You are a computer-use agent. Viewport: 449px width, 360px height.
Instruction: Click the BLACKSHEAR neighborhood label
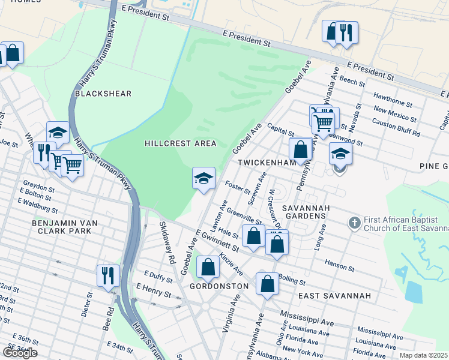(x=103, y=94)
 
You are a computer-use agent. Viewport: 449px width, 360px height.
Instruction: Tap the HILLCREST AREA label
(x=180, y=143)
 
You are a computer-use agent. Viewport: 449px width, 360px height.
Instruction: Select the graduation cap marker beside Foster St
(x=203, y=178)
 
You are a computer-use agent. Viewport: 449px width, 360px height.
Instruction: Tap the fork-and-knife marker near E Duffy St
(x=108, y=275)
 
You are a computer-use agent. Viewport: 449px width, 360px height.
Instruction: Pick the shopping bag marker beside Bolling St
(x=267, y=283)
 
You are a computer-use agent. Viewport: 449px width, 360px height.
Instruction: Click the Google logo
(x=20, y=352)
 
